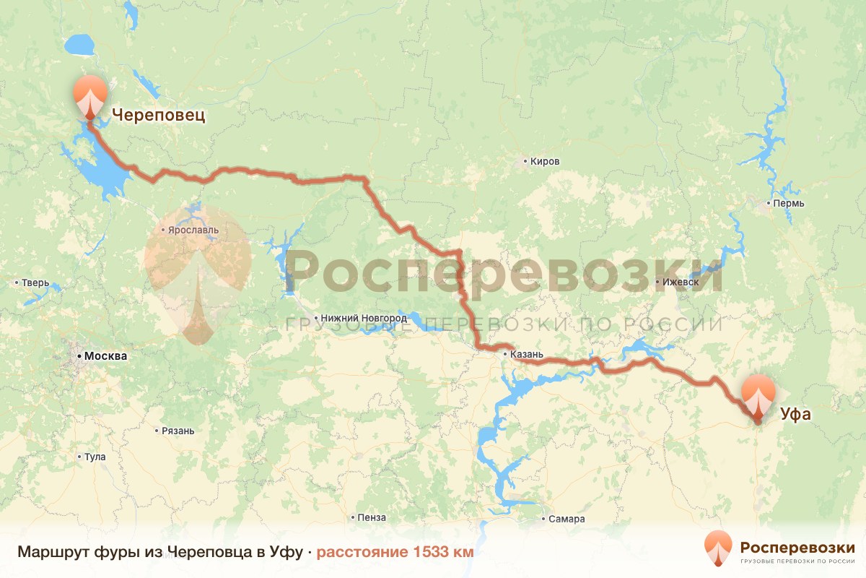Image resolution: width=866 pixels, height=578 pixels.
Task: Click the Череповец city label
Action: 158,115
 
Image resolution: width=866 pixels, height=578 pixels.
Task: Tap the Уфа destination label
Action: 795,414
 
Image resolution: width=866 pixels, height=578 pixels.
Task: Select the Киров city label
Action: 544,162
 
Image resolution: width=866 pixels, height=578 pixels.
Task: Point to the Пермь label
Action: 788,204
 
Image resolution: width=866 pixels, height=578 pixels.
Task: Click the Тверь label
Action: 35,282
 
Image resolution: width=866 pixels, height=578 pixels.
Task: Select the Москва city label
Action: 105,356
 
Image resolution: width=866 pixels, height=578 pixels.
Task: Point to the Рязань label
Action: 178,431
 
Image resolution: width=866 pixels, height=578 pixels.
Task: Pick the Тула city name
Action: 95,457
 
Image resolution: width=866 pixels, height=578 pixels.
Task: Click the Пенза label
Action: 372,518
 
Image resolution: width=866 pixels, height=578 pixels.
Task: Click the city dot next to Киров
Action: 525,162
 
